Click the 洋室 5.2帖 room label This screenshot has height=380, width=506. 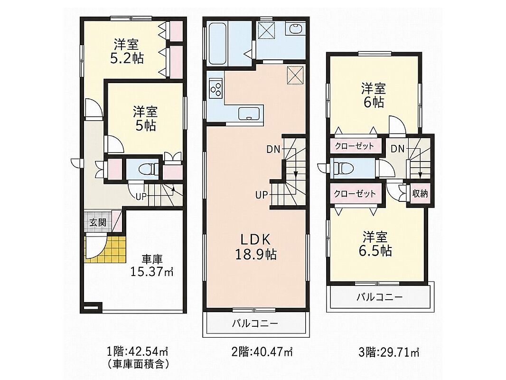point(127,51)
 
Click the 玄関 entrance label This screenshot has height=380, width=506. point(98,222)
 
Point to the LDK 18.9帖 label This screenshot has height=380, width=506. point(255,247)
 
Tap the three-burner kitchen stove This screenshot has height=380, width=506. point(216,88)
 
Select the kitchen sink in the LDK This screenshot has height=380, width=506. point(250,114)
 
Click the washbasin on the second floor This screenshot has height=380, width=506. point(295,28)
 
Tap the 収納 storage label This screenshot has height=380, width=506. point(420,194)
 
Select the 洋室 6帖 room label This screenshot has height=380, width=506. point(374,95)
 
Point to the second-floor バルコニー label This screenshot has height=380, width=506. point(255,323)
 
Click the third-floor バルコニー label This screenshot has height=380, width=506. point(380,297)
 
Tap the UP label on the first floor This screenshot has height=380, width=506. point(141,196)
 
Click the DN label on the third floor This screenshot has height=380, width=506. point(398,149)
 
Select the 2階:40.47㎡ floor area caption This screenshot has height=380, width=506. point(262,351)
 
